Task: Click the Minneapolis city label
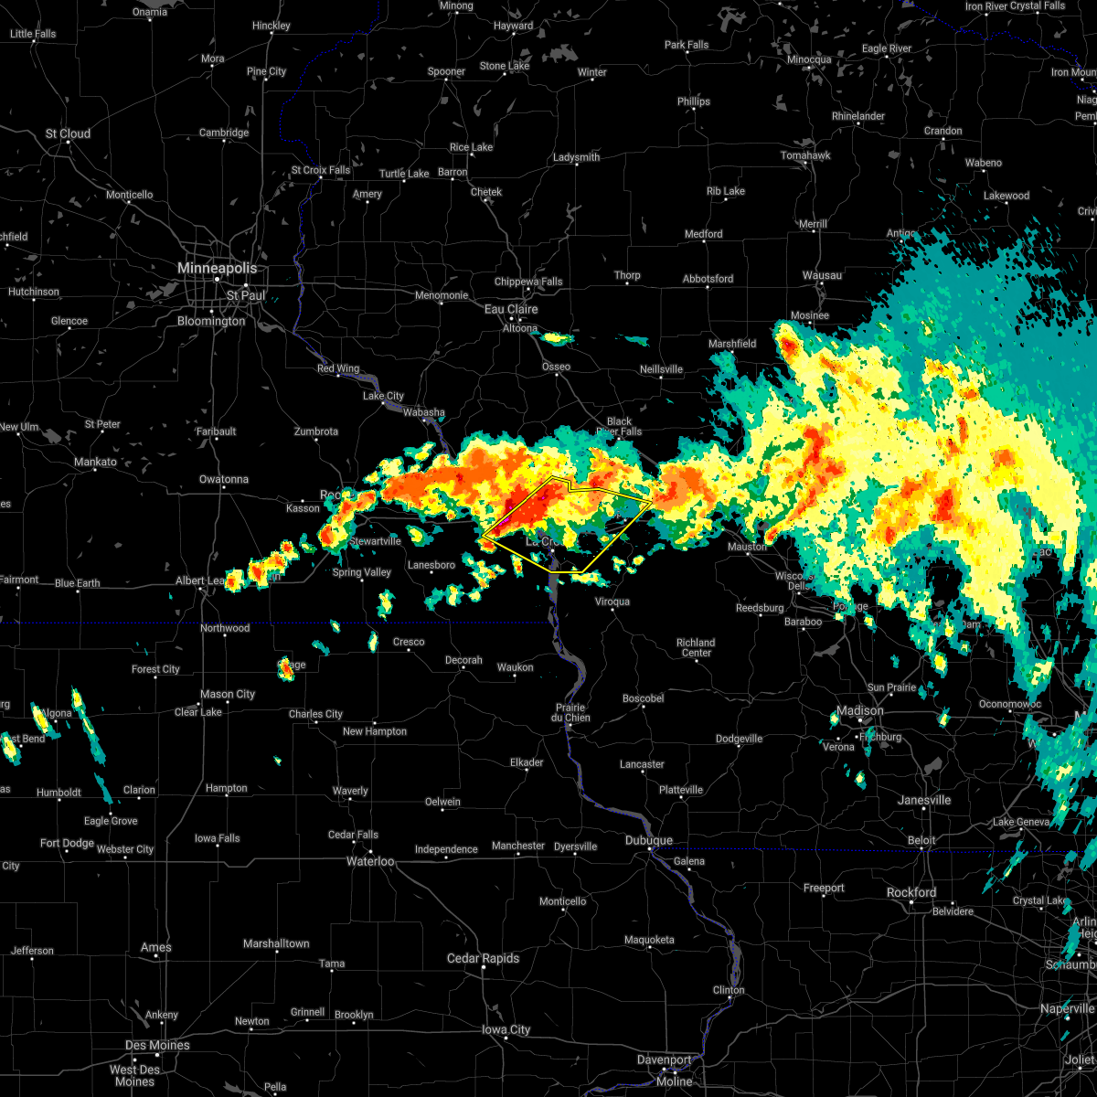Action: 217,269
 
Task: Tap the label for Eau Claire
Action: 511,310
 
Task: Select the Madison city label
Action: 860,710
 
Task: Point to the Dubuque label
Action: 649,841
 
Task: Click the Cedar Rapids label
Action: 483,958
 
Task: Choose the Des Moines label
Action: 157,1045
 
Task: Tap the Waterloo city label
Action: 369,861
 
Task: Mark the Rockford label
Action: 911,892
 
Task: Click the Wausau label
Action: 822,275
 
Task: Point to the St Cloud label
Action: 69,133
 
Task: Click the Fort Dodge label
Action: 67,843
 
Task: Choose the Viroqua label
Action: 612,602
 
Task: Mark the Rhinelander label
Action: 858,116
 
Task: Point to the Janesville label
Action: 924,800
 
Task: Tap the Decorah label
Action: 463,660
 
